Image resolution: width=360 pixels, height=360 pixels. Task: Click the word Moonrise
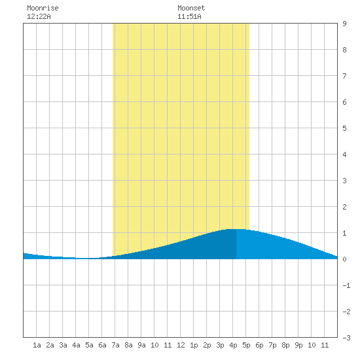[43, 8]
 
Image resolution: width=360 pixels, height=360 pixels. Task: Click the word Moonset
[191, 8]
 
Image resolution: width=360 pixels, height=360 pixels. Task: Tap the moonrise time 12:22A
[39, 16]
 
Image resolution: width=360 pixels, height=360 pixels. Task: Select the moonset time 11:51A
[189, 16]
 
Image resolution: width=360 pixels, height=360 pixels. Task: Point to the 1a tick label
[37, 345]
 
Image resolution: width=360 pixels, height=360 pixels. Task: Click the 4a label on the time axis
[76, 345]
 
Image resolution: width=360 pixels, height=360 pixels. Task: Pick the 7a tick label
[115, 345]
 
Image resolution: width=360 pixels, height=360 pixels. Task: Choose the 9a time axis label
[141, 345]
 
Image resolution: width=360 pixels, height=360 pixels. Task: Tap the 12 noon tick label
[181, 345]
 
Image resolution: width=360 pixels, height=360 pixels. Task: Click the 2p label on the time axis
[207, 345]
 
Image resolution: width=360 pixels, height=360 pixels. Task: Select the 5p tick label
[246, 345]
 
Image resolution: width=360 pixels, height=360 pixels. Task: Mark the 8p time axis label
[285, 345]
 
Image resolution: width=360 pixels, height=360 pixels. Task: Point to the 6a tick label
[102, 345]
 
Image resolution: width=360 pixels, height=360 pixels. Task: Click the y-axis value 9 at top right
[344, 24]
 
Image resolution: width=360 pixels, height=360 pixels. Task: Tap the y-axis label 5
[344, 128]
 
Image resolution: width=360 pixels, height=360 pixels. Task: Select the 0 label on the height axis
[344, 259]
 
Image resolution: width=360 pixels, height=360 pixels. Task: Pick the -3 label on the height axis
[346, 338]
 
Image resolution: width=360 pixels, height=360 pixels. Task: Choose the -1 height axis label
[346, 285]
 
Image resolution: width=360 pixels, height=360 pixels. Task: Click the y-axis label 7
[344, 76]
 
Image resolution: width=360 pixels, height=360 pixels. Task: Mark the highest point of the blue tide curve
[236, 229]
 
